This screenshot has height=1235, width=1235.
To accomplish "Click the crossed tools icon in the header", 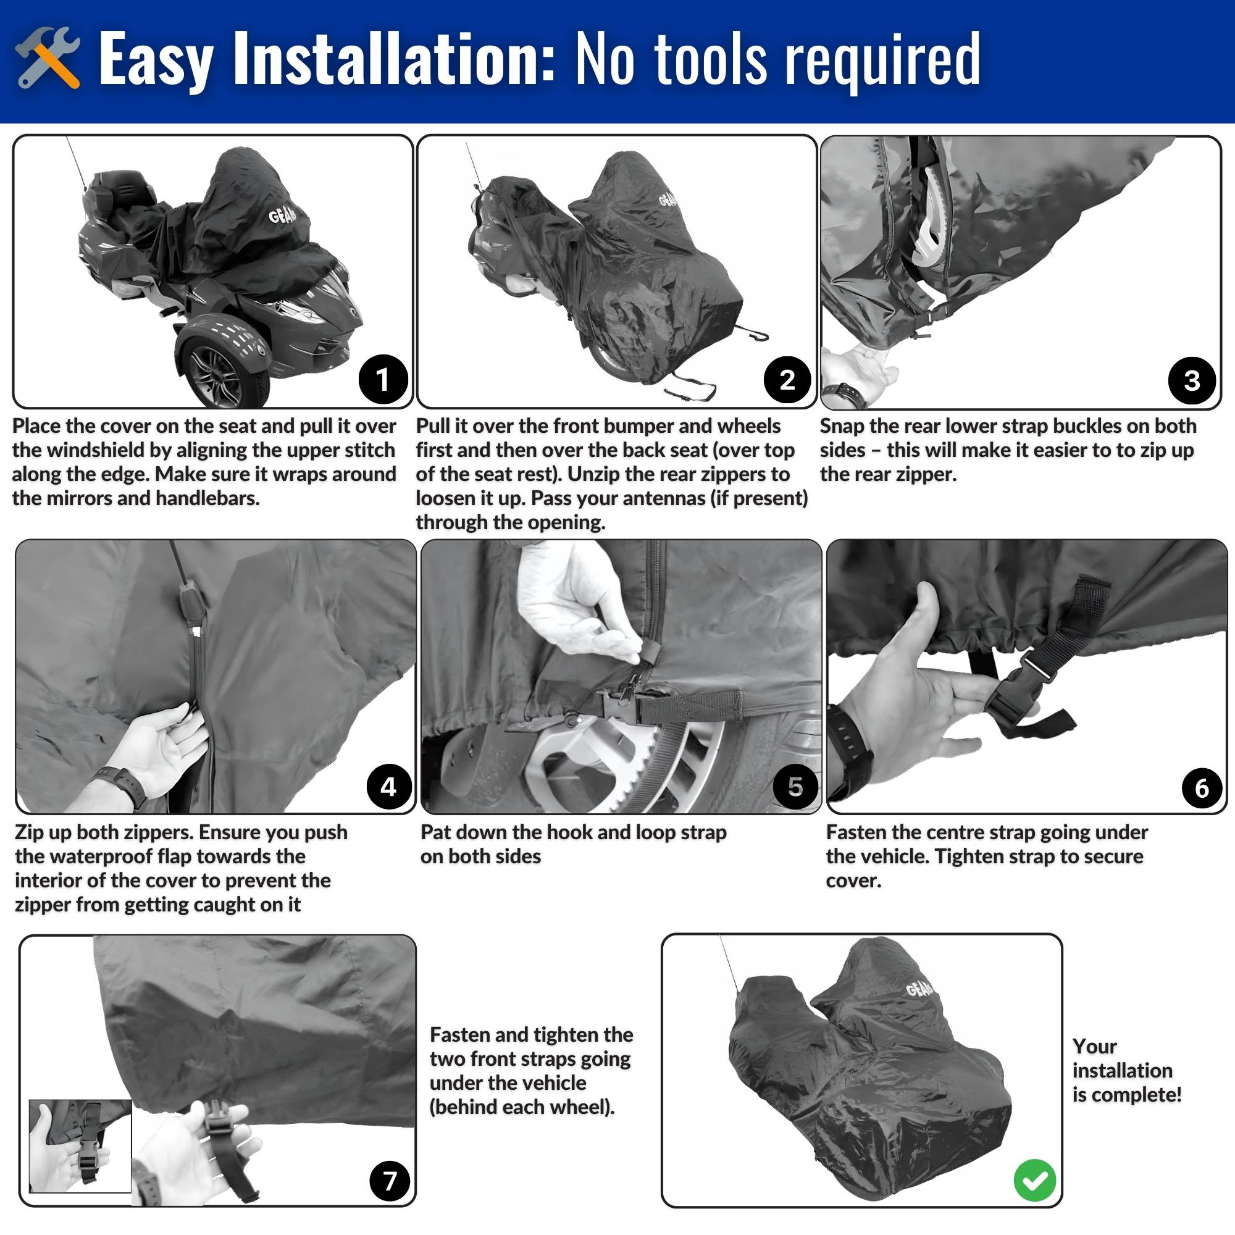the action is [x=48, y=57].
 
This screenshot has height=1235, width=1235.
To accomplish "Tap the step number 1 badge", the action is [x=383, y=379].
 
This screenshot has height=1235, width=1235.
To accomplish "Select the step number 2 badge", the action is [x=787, y=380].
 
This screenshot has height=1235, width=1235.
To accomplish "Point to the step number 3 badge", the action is [x=1192, y=380].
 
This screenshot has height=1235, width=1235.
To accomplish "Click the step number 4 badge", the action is [x=389, y=786].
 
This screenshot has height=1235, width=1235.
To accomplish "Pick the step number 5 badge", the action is [x=795, y=786].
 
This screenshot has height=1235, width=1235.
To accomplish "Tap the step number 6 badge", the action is [x=1201, y=788].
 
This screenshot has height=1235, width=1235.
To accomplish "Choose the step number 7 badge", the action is [x=389, y=1181].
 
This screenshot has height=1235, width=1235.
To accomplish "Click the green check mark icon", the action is [x=1035, y=1180].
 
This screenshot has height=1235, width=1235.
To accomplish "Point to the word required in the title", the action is [x=883, y=61].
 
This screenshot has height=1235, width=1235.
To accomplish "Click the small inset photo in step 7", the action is [x=80, y=1145].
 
